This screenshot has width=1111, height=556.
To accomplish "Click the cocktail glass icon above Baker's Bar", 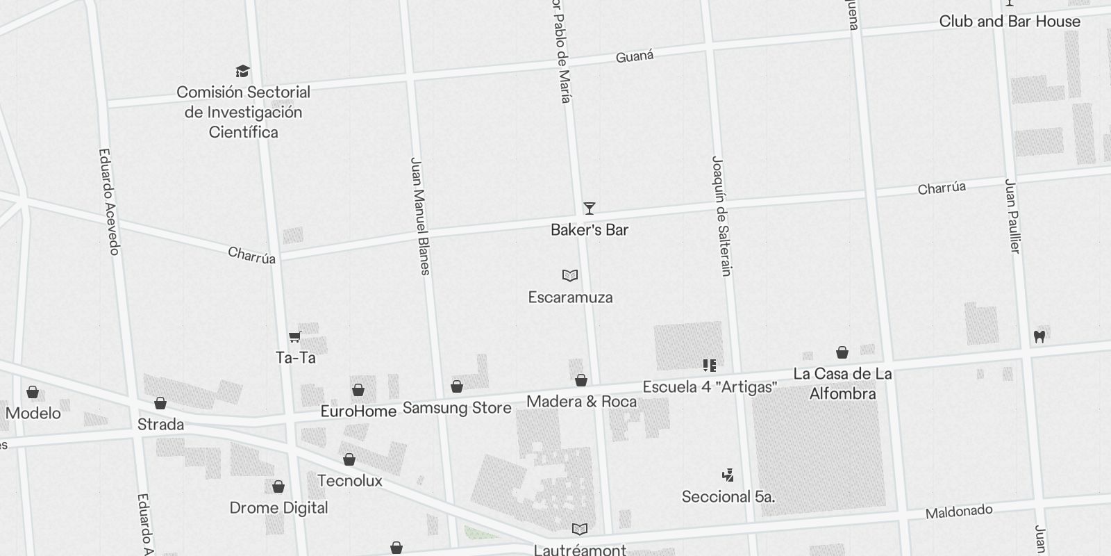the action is click(589, 208).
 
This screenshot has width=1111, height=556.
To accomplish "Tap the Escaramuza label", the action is click(570, 297).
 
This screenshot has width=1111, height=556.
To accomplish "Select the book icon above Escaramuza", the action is click(570, 276).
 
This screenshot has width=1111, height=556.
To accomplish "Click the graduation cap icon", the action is click(242, 71).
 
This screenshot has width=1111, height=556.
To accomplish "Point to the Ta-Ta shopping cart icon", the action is click(295, 337).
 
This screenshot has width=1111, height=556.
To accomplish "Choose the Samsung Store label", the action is click(457, 408).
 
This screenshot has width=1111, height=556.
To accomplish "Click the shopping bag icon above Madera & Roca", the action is click(581, 380).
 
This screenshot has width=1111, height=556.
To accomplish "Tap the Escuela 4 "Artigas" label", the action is click(709, 387).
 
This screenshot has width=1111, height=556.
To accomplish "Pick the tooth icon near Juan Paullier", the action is click(1039, 336).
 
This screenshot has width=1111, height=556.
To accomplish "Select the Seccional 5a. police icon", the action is click(728, 475).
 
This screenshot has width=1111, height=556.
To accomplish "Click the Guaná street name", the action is click(635, 56).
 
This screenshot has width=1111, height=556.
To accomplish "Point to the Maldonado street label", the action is click(959, 512).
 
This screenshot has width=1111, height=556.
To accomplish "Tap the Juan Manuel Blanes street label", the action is click(421, 215).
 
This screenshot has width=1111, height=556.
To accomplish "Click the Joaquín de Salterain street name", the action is click(722, 215).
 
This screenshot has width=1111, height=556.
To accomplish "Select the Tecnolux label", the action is click(349, 481).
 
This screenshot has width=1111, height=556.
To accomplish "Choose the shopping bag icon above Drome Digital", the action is click(278, 486).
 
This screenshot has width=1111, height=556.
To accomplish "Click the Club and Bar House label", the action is click(1010, 22).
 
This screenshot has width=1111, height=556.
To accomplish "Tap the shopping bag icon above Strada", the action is click(160, 403).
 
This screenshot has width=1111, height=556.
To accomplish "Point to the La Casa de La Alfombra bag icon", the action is click(842, 352).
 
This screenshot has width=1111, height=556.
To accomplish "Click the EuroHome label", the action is click(358, 411).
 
